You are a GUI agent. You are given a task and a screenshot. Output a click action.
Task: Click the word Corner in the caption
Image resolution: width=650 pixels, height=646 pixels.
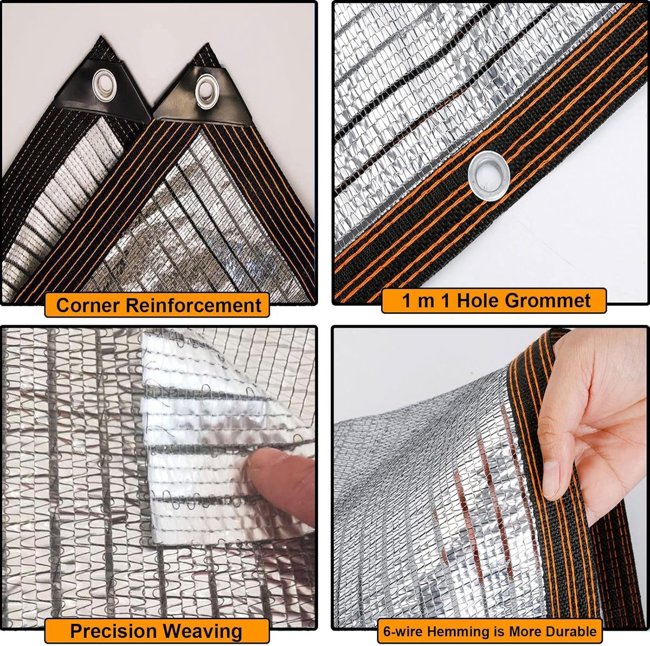pyautogui.click(x=87, y=305)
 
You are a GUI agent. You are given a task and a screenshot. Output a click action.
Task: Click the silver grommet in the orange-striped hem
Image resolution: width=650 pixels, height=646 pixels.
pyautogui.click(x=489, y=175)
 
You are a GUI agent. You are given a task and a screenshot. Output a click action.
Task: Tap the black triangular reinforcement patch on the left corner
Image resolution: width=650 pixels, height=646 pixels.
pyautogui.click(x=103, y=91)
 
